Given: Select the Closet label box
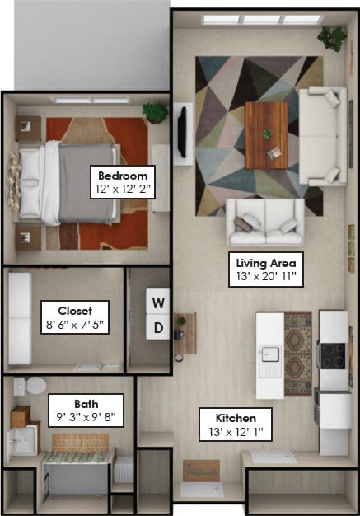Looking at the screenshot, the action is [x=75, y=317].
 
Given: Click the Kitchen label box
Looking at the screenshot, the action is [x=236, y=425].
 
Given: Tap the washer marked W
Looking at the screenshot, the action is [x=158, y=302].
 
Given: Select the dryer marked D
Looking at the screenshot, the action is [x=158, y=327].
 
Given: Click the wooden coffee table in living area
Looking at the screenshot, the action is [x=266, y=135].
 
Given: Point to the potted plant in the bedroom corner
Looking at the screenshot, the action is [x=155, y=113].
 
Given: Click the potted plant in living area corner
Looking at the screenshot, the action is [x=332, y=38].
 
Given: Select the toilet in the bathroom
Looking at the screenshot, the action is [x=30, y=386].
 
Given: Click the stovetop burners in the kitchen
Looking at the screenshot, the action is [x=333, y=356].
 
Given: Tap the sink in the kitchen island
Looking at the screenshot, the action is [x=270, y=354].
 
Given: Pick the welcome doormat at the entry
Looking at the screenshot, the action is [x=201, y=471].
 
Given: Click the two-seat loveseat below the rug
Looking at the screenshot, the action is [x=265, y=222].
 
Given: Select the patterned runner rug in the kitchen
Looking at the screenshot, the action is [x=298, y=354].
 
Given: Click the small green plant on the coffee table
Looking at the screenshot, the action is [x=268, y=134].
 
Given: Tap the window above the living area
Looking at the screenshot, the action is [x=262, y=20].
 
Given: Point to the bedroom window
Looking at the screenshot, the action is [x=91, y=100].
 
